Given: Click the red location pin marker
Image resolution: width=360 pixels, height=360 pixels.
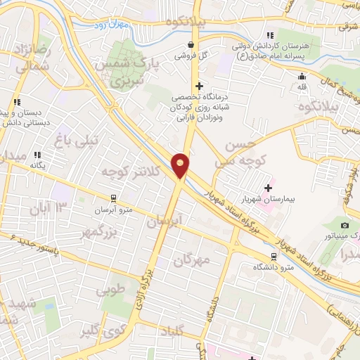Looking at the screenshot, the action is [181, 166].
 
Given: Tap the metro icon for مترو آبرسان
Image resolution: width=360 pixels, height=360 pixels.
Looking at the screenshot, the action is [112, 199].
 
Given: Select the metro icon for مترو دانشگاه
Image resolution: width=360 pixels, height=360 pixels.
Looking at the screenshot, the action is [274, 257].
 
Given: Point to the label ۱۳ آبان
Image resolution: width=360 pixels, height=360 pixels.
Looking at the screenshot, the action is [51, 207].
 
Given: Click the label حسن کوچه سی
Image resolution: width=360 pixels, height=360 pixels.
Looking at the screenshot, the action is [239, 155].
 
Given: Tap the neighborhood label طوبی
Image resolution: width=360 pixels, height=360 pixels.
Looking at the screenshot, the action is [113, 288].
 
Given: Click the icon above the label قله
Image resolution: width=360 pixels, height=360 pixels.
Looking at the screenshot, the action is [302, 77].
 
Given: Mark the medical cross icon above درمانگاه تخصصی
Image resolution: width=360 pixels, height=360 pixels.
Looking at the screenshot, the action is [200, 86].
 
